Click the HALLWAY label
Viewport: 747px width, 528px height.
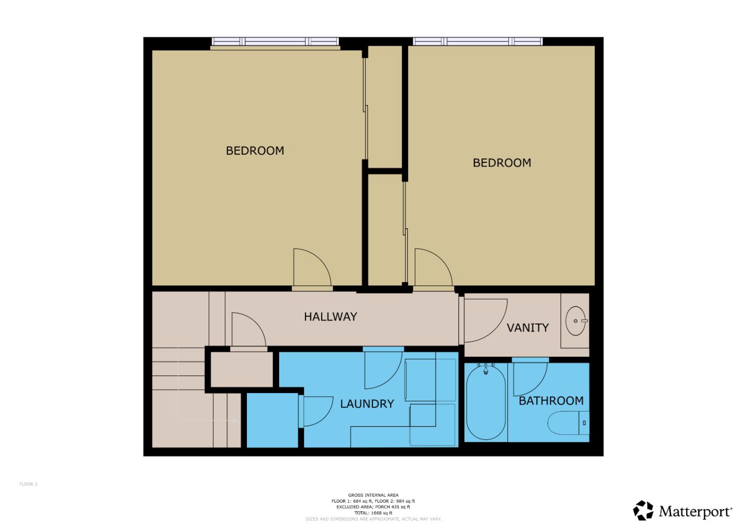tap(330, 316)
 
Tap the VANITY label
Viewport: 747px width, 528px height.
tap(527, 328)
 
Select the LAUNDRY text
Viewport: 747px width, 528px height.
tap(367, 404)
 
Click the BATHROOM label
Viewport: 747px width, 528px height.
tap(551, 401)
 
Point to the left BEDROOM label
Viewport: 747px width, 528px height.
tap(255, 151)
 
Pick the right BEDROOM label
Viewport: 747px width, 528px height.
tap(502, 163)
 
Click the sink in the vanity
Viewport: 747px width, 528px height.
tap(575, 321)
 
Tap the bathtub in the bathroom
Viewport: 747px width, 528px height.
tap(486, 402)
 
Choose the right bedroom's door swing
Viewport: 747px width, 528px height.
tap(432, 268)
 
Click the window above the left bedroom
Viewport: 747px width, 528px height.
tap(275, 42)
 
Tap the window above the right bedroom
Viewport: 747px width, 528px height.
tap(477, 41)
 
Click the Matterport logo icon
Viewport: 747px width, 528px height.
tap(643, 510)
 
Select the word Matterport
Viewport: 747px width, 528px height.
tap(695, 512)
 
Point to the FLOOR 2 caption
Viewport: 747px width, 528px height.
tap(29, 484)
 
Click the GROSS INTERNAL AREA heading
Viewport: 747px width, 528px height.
tap(374, 495)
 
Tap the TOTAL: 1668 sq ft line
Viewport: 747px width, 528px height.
tap(374, 513)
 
